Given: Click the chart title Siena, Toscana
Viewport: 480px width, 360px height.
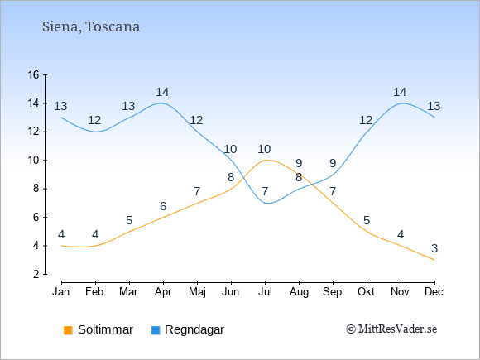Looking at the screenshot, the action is tap(91, 27).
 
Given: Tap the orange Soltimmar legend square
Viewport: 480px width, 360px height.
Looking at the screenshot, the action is tap(68, 330).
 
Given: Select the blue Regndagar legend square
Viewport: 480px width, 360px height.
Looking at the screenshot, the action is tap(156, 330).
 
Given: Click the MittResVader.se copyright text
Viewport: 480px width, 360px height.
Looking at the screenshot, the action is tap(391, 329).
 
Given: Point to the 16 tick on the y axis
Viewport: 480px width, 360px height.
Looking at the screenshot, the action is tap(33, 74).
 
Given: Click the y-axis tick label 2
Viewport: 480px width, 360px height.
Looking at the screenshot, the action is tap(36, 274).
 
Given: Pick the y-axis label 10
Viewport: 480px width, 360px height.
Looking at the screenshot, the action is tap(33, 160).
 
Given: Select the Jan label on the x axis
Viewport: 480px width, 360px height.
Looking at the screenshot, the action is tap(61, 292).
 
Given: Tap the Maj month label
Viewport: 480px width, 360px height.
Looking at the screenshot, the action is tap(197, 292).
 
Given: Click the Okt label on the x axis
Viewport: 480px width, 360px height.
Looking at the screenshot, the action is tap(366, 292).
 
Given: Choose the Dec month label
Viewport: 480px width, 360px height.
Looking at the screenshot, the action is tap(434, 292).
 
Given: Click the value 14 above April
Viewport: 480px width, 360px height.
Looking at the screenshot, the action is tap(162, 92).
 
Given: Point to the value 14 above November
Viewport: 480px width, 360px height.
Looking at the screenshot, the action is tap(400, 92).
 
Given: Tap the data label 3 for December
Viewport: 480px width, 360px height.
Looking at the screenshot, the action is tap(434, 248).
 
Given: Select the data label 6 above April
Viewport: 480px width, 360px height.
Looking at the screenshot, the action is tap(163, 206).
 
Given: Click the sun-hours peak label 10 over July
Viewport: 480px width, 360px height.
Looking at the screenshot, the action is tap(264, 150).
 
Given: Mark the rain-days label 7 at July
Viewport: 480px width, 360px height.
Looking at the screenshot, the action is tap(265, 192).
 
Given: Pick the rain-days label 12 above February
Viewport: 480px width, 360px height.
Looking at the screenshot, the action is tap(94, 120).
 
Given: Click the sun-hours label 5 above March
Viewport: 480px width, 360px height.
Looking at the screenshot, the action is tap(129, 220).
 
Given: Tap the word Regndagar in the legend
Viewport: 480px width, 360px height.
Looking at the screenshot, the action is tap(194, 330).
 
